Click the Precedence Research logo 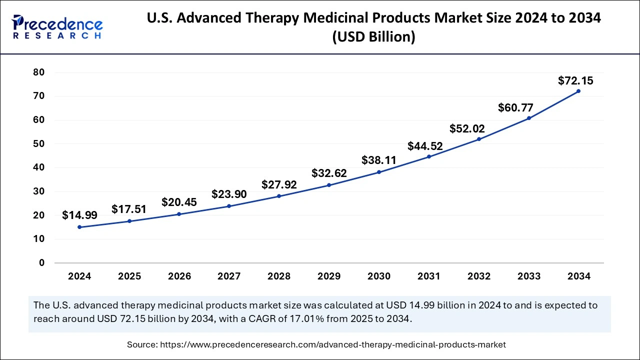coord(57,27)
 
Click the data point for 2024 coord(79,227)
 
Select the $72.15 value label coord(575,80)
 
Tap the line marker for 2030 coord(379,172)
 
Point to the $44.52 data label coord(425,146)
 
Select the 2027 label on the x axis coord(229,276)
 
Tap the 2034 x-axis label coord(579,276)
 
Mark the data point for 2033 coord(529,118)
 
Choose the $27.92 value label coord(279,184)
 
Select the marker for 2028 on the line coord(279,196)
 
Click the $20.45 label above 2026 coord(179,202)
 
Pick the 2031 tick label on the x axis coord(429,276)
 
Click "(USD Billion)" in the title coord(373,37)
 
